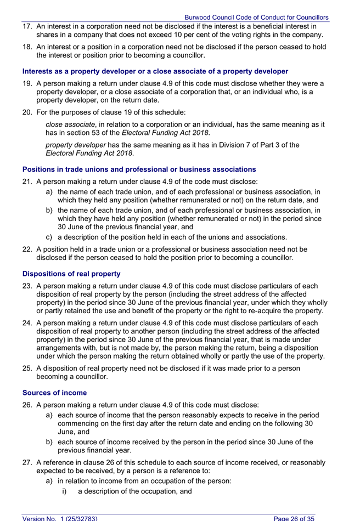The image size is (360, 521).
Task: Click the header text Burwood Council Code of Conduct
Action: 256,18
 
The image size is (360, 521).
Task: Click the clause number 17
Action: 27,26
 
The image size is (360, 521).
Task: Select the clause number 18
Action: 27,47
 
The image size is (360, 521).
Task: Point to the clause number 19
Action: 27,83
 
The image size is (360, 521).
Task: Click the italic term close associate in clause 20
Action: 64,124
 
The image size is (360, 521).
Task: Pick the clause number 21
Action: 27,182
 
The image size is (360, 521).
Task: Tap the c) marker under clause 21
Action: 49,237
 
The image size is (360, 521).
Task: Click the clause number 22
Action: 27,249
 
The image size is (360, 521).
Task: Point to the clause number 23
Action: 27,286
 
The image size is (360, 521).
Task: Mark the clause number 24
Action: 27,323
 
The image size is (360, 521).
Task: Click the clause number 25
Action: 27,369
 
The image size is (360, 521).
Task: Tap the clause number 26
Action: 27,405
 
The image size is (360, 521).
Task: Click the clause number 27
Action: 27,463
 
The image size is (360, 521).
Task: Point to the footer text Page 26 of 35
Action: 294,517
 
